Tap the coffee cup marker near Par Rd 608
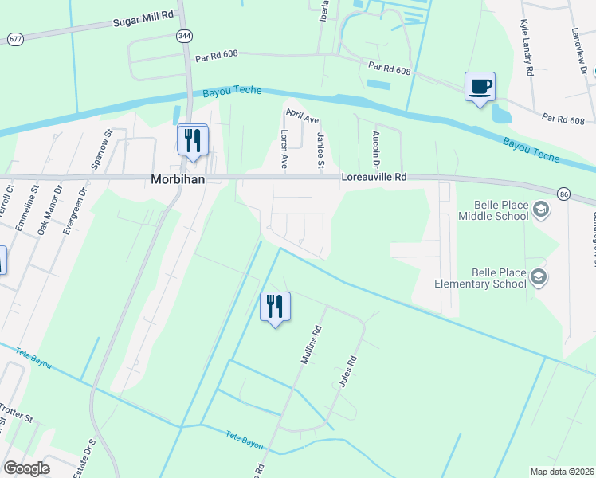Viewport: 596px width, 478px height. click(479, 86)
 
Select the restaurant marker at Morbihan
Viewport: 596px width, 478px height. click(192, 140)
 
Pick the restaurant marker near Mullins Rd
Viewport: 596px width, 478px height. click(275, 307)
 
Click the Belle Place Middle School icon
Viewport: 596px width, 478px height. click(541, 210)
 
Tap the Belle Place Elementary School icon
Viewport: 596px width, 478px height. click(539, 276)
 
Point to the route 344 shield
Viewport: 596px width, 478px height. click(185, 36)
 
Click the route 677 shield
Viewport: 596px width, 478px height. click(14, 38)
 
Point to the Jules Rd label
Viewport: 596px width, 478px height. click(346, 370)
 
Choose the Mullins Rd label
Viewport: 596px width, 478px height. click(311, 345)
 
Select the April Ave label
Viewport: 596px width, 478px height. click(302, 119)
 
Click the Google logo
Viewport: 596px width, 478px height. click(26, 468)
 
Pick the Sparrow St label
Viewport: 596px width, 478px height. click(100, 147)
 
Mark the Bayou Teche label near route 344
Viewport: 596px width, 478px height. click(232, 91)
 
